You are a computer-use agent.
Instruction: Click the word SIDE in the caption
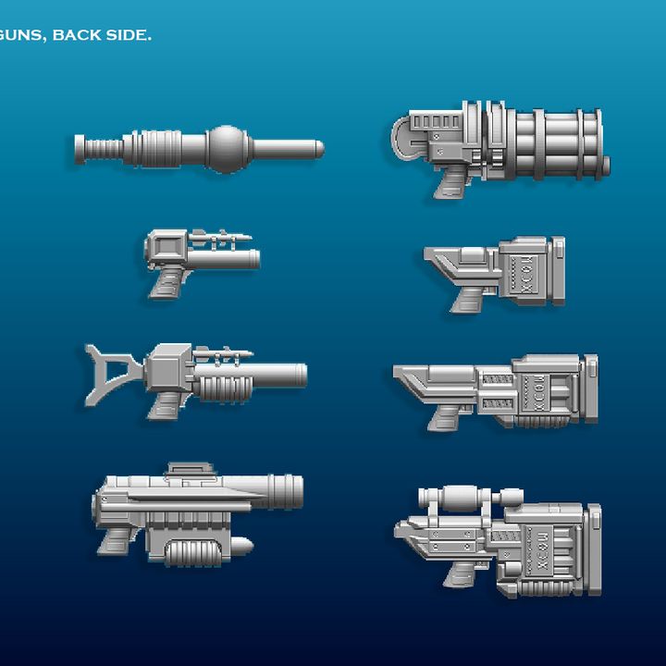128,36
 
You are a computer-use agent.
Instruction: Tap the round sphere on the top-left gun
225,148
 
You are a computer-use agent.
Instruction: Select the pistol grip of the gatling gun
450,182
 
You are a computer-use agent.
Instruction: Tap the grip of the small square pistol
169,281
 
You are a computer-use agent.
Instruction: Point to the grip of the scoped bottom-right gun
459,573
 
